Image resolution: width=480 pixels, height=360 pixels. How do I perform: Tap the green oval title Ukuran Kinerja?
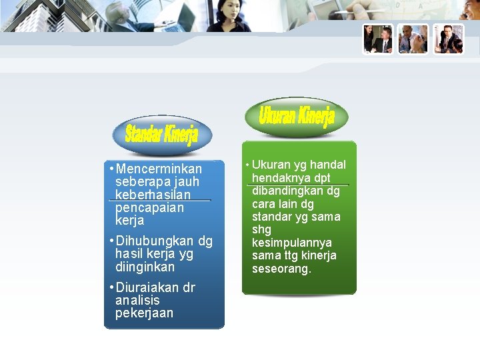(x=297, y=117)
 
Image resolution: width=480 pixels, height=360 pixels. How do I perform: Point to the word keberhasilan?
(x=153, y=195)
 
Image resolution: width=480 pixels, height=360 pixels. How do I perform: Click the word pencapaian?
(x=149, y=207)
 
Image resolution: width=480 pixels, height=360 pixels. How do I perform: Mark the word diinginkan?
(x=145, y=267)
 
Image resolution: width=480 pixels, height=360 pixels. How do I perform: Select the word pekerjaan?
(x=144, y=313)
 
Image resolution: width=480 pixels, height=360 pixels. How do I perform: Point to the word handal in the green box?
(x=327, y=165)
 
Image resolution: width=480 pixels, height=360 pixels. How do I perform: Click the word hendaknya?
(x=279, y=178)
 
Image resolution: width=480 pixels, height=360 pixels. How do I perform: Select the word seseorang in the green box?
(x=281, y=269)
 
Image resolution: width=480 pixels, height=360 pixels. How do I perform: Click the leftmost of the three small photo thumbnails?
(x=378, y=39)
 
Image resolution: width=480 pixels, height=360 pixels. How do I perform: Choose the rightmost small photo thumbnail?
(x=448, y=39)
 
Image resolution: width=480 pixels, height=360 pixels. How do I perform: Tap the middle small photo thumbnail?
(x=413, y=39)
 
